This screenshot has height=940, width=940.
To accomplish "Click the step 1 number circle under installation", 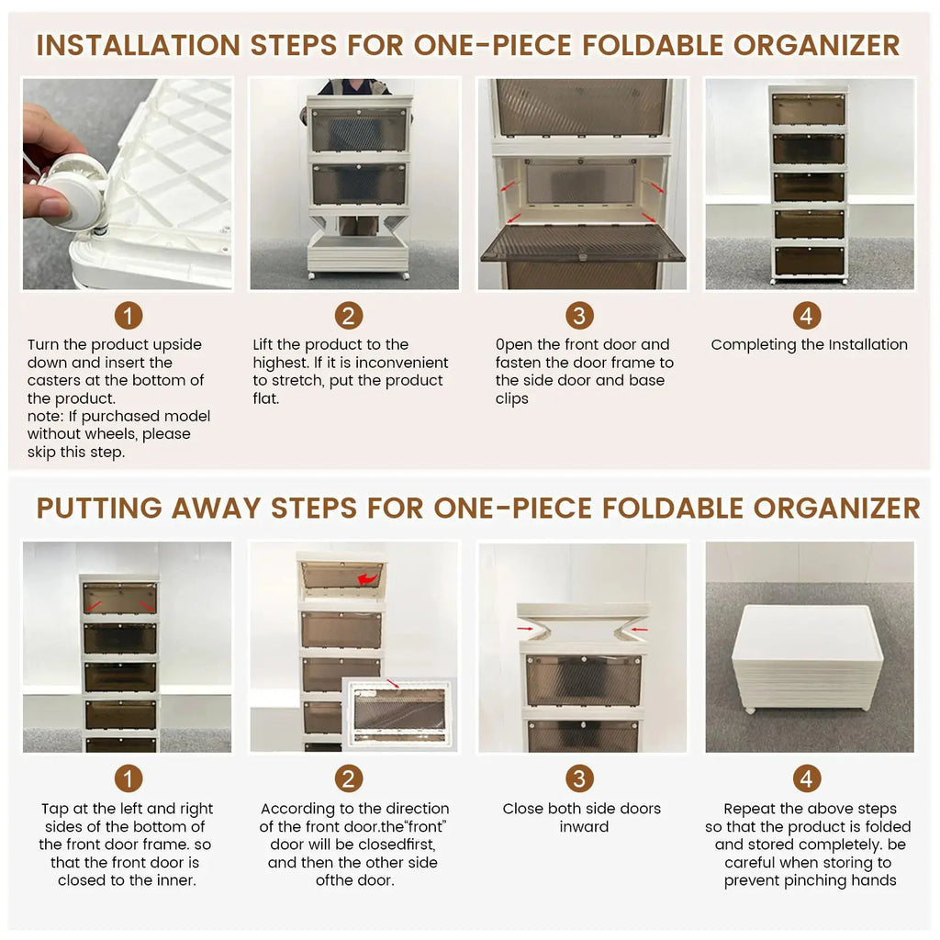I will (x=129, y=317).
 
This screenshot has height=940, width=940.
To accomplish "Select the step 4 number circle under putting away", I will (x=807, y=779).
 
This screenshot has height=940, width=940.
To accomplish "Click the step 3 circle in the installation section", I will (x=578, y=317).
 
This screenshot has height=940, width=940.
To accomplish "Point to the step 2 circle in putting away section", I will (x=348, y=779).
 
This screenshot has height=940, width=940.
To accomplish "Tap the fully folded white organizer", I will (x=807, y=657).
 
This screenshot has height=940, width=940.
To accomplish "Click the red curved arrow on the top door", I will (x=367, y=578).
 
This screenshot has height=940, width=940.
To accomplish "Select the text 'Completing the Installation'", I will (x=809, y=345).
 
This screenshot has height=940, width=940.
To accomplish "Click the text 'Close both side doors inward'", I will (x=582, y=818).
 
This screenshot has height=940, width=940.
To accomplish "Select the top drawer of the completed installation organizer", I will (x=808, y=110).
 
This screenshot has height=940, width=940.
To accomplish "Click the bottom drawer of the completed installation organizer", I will (x=808, y=261).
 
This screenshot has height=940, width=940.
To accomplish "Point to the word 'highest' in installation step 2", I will (x=281, y=364).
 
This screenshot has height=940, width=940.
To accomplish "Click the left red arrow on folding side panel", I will (x=526, y=628).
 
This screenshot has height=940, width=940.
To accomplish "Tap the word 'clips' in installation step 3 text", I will (x=512, y=399).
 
